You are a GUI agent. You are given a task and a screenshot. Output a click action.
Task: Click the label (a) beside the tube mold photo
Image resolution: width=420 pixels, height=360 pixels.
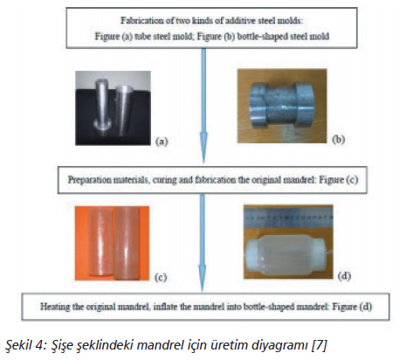coord(162,142)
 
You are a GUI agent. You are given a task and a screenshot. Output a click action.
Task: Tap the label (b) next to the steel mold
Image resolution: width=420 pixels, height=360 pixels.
coord(338,139)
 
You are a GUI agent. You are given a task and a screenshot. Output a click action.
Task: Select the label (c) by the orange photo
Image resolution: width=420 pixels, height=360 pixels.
coord(161,277)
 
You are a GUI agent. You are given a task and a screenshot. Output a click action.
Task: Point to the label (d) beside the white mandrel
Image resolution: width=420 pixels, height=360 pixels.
coord(344,275)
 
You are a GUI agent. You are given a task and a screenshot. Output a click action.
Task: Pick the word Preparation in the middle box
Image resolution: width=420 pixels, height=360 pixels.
coord(88,180)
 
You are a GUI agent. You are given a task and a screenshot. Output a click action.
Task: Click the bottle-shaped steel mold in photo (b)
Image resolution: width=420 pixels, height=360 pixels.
coord(282,106)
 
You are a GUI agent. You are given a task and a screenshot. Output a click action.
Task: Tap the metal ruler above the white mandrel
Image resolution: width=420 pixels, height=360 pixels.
coord(288,218)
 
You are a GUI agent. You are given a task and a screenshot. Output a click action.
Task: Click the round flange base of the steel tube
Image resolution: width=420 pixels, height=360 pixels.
coord(102,125)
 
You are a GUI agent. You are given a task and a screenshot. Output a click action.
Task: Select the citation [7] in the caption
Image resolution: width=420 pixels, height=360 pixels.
coord(320,345)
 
